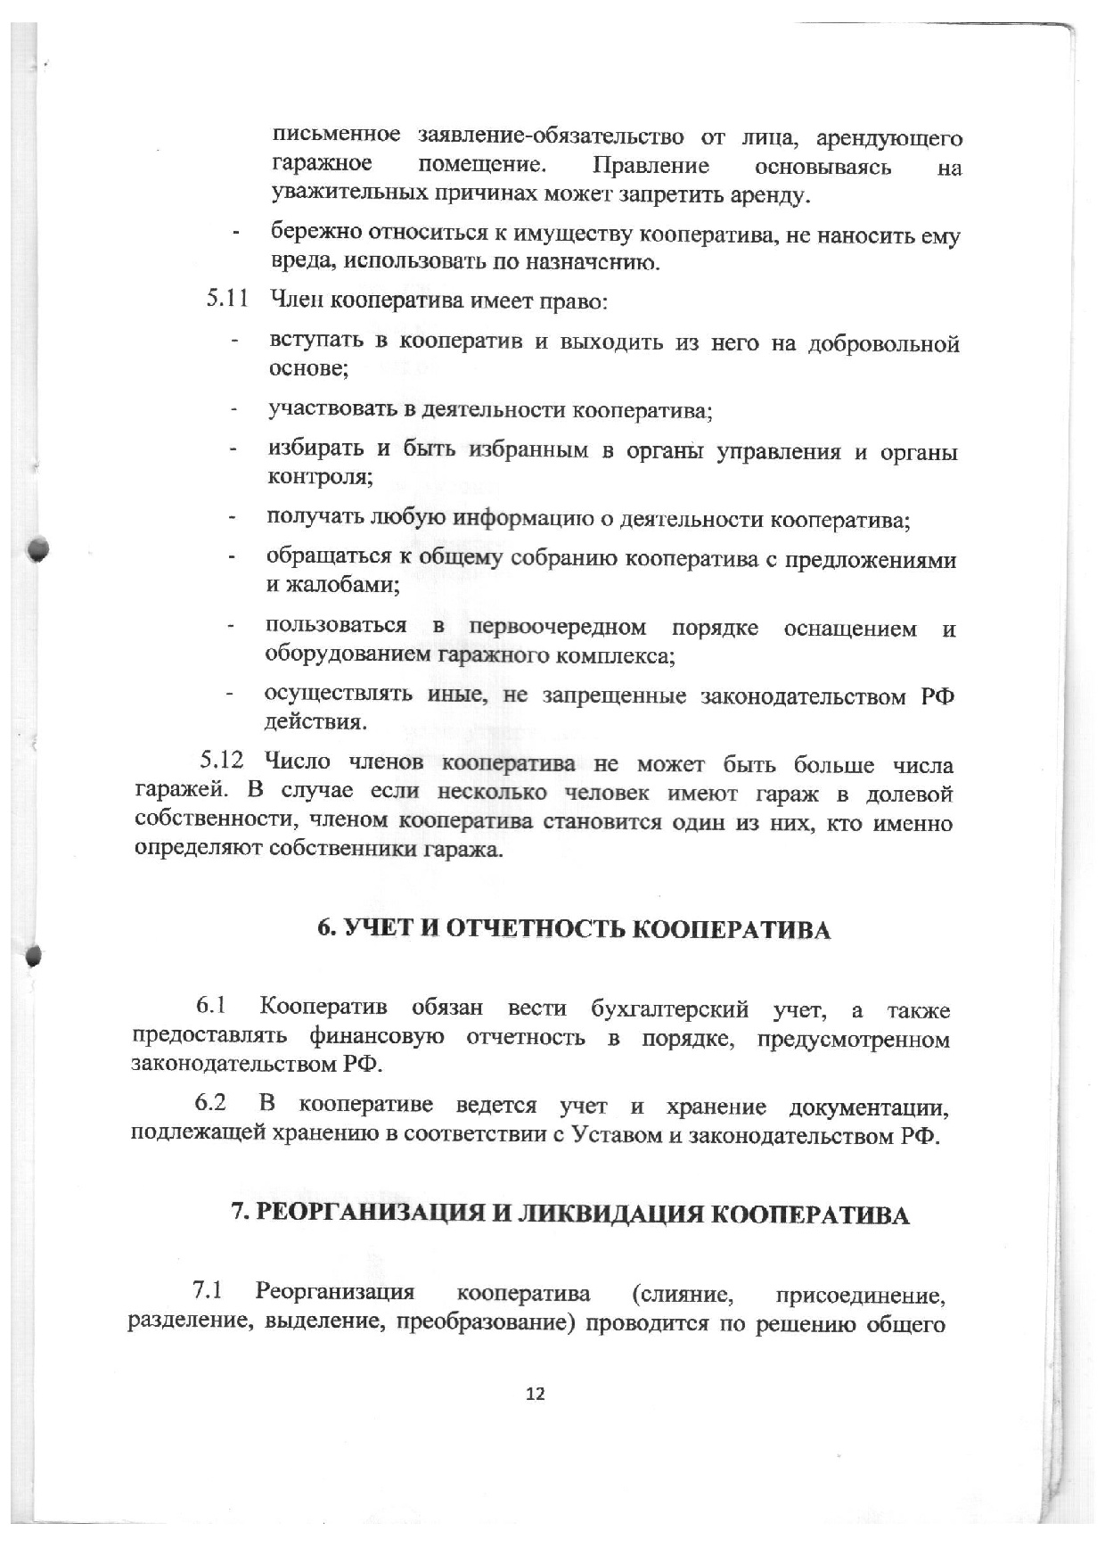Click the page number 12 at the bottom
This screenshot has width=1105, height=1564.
click(x=536, y=1394)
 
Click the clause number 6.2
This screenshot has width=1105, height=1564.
click(x=210, y=1103)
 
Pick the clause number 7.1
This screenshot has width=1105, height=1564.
click(x=207, y=1290)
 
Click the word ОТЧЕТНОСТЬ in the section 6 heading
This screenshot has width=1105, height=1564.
click(x=536, y=929)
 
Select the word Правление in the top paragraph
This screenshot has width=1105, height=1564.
click(x=651, y=166)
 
